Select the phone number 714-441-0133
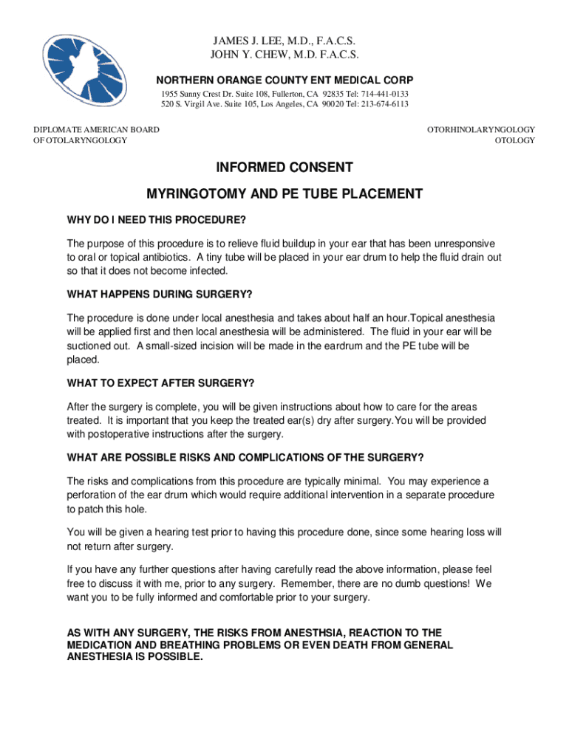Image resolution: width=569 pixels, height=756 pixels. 384,94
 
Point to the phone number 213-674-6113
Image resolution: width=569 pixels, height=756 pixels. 383,105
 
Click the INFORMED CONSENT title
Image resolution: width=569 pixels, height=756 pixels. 284,168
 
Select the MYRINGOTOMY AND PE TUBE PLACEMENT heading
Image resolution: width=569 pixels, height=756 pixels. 284,194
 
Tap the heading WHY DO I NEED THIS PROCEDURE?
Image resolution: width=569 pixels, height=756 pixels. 156,221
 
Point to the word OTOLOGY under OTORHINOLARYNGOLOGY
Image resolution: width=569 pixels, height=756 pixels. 514,140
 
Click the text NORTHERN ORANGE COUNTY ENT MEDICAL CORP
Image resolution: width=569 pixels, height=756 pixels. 284,80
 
